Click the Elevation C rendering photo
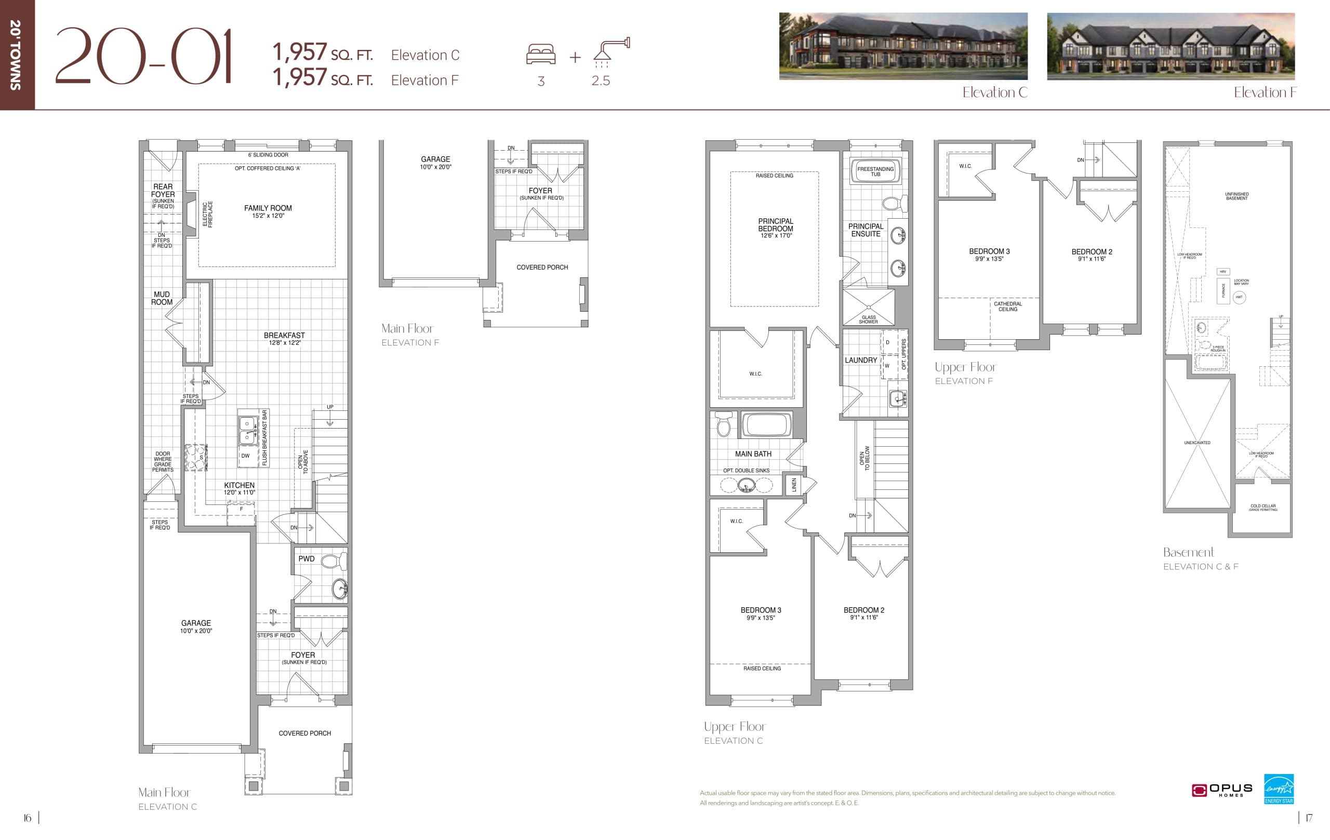tap(903, 46)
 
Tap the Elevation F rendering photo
tap(1171, 46)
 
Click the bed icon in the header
tap(541, 54)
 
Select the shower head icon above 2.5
tap(611, 50)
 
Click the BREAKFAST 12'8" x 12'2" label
tap(285, 339)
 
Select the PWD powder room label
tap(307, 558)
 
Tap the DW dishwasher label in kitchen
tap(245, 456)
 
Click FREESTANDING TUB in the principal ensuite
tap(875, 171)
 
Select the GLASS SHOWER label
tap(868, 319)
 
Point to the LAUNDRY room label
tap(860, 360)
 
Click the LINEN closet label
tap(794, 485)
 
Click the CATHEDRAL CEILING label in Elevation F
tap(1007, 306)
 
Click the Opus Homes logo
tap(1222, 790)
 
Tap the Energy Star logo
tap(1279, 789)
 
